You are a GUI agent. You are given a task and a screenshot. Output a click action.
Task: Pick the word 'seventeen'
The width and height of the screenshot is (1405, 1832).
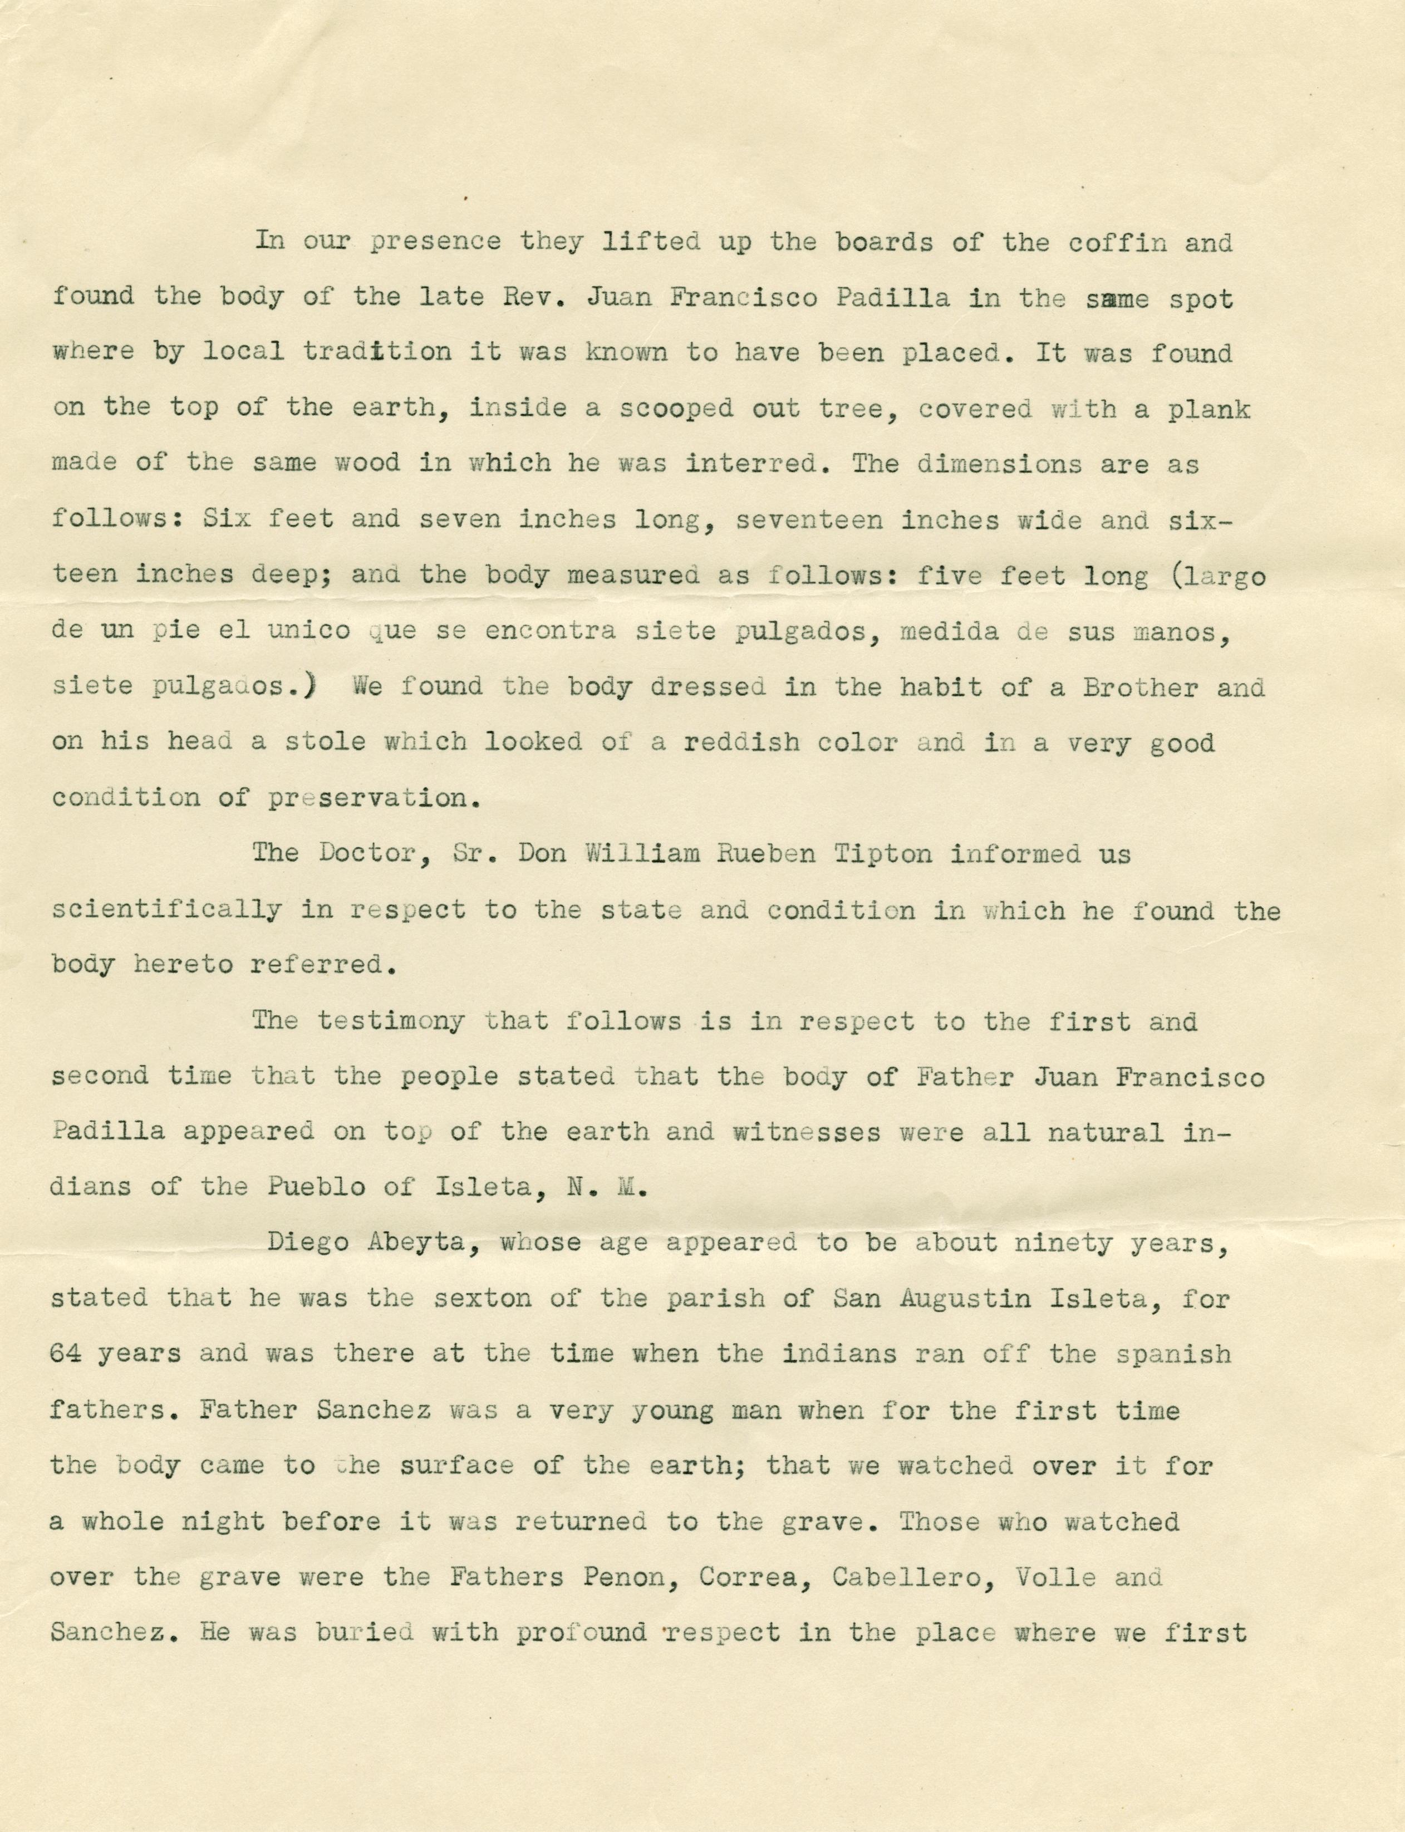point(808,520)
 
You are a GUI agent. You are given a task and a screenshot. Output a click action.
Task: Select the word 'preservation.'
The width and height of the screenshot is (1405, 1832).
point(375,798)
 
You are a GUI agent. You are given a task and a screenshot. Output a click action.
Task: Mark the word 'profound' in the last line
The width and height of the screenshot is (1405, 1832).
point(581,1632)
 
